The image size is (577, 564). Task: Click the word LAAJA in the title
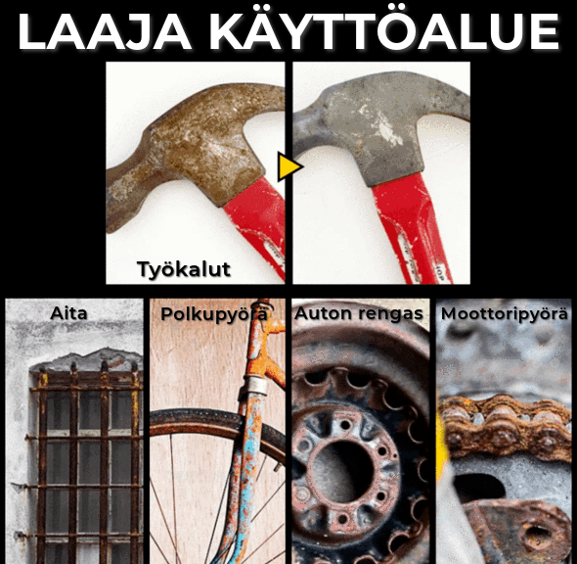point(105,31)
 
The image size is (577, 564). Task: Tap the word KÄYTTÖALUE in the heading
point(383,28)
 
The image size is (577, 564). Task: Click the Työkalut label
point(184,269)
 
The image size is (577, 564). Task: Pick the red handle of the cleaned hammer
point(412,228)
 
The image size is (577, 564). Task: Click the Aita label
point(68,313)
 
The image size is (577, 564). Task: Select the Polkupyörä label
point(214,315)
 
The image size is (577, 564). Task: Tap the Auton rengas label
point(359,314)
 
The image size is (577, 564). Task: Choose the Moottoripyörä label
point(504,314)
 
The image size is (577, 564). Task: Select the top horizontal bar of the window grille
point(86,388)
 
